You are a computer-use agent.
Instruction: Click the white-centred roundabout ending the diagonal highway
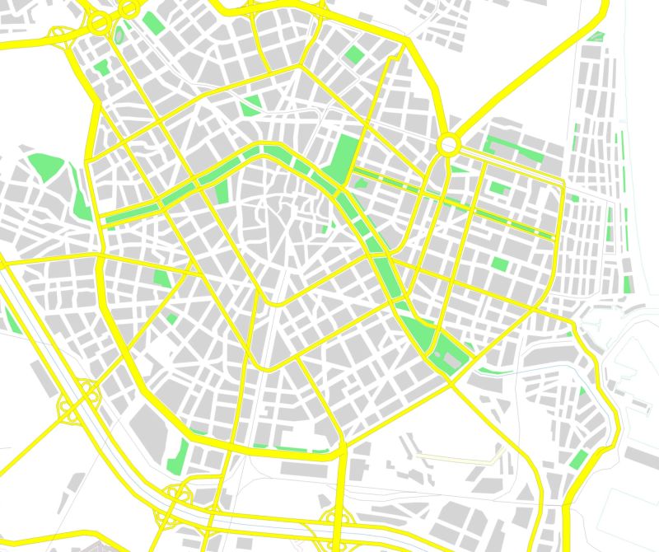click(x=448, y=145)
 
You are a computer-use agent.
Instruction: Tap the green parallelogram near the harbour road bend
click(x=578, y=460)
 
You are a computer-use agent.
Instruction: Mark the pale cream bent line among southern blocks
click(x=461, y=454)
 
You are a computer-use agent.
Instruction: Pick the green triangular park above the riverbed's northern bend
click(x=250, y=105)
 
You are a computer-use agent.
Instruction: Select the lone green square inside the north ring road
click(x=354, y=54)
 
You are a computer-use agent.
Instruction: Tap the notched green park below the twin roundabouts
click(x=103, y=68)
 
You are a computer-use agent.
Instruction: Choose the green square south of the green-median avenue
click(x=500, y=264)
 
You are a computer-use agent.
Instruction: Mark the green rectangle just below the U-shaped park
click(x=498, y=187)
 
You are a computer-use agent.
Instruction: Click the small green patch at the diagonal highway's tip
click(x=596, y=37)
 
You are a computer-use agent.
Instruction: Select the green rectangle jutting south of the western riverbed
click(x=220, y=191)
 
